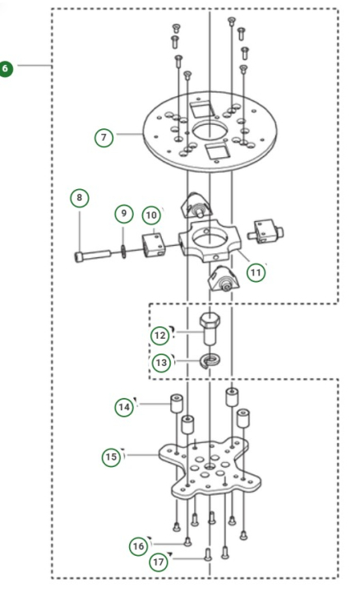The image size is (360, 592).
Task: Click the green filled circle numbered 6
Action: point(7,68)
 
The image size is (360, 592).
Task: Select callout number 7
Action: point(104,137)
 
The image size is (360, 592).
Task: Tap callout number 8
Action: point(79,198)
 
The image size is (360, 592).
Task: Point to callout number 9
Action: point(122,214)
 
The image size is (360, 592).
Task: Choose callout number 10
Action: point(150,215)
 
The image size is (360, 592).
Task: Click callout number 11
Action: point(256,271)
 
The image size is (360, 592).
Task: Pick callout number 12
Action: point(159,335)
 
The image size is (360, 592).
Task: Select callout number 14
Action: point(124,406)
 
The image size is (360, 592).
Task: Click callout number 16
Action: point(139,545)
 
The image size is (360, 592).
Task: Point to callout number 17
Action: point(157,562)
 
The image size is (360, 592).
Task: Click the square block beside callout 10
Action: point(152,245)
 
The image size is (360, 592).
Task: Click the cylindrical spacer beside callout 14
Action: point(175,406)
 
